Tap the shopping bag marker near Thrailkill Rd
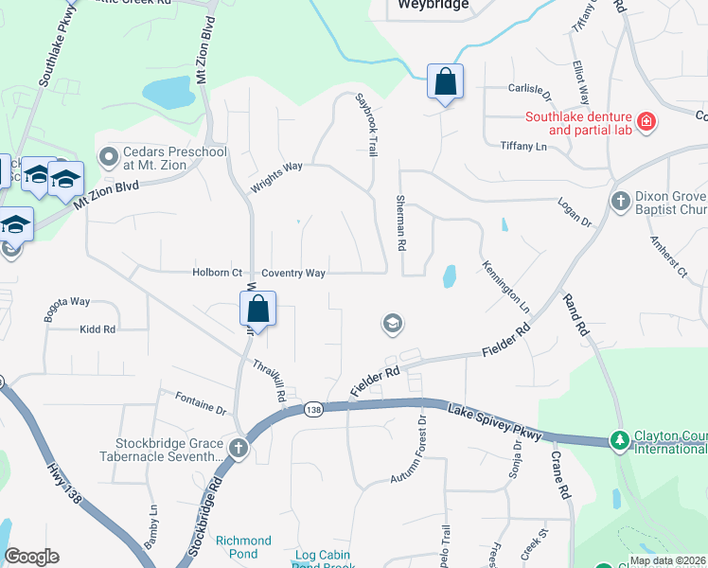click(x=257, y=309)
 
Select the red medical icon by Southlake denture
click(x=647, y=121)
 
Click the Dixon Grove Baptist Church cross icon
click(x=620, y=201)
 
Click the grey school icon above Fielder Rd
click(x=391, y=325)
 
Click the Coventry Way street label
click(x=293, y=273)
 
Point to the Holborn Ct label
click(x=217, y=273)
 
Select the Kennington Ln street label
click(x=505, y=286)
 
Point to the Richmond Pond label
click(x=243, y=547)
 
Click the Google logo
click(x=31, y=557)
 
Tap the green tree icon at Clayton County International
click(x=620, y=440)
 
